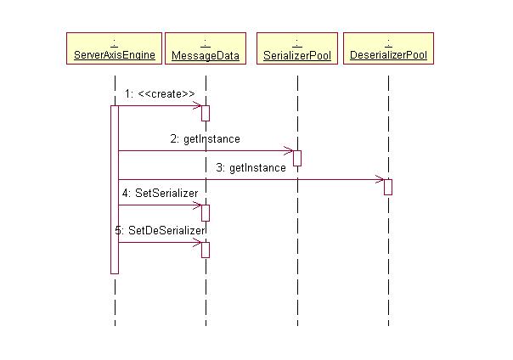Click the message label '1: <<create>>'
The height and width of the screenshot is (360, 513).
pos(160,93)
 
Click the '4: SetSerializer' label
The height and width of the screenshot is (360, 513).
pos(160,193)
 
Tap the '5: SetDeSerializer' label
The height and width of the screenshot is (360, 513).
pos(161,229)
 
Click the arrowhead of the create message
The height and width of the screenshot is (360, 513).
pos(198,106)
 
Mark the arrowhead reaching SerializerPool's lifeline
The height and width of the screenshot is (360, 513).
pos(290,151)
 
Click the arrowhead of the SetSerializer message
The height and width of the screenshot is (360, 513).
pos(198,205)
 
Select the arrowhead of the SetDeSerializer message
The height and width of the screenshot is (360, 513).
pos(198,243)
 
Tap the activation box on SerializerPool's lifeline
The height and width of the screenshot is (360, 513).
pos(297,158)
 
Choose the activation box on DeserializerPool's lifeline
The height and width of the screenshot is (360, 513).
pos(387,187)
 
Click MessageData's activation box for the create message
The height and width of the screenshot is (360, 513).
pos(206,113)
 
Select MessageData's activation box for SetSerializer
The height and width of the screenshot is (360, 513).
pos(206,212)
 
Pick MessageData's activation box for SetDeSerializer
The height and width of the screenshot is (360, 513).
pos(206,250)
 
